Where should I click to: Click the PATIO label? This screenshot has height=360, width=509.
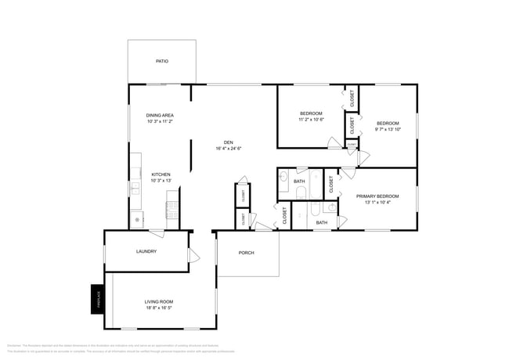[161, 61]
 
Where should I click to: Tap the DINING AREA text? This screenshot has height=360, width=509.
[159, 115]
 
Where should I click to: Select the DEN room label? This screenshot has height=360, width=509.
[228, 142]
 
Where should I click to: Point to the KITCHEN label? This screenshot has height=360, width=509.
[161, 175]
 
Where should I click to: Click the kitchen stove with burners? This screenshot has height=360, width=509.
[172, 210]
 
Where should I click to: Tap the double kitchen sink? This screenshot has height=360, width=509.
[135, 187]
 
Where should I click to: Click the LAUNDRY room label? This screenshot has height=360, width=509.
[146, 251]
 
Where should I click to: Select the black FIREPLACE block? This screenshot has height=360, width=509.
[97, 298]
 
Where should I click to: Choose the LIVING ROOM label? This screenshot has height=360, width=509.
[158, 301]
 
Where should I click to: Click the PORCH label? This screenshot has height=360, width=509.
[247, 253]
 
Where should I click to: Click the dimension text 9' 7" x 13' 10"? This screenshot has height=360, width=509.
[388, 129]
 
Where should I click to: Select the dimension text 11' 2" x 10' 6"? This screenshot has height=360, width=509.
[310, 120]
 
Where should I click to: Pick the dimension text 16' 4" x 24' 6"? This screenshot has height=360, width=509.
[228, 149]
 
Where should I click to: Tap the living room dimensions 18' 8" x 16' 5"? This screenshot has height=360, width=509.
[158, 308]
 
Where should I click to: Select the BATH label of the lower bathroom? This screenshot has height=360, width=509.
[321, 222]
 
